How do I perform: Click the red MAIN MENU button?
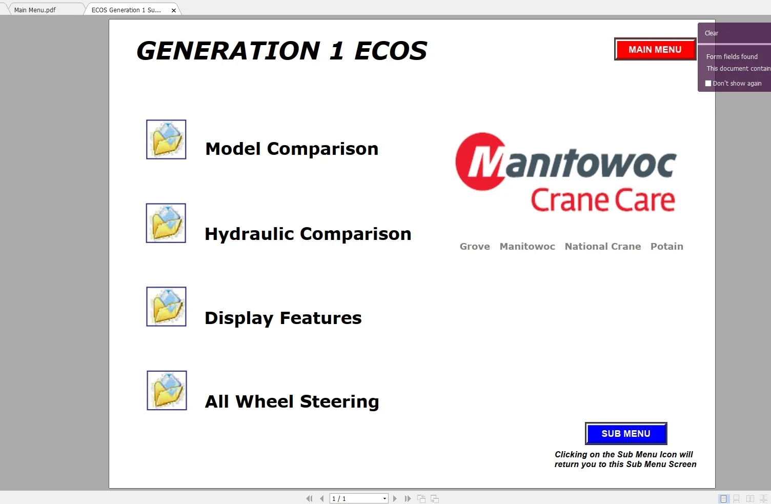coord(655,50)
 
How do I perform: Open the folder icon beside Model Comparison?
coord(166,139)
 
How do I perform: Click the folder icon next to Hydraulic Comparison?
coord(166,223)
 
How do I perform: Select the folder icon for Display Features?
coord(166,307)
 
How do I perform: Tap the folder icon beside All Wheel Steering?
coord(167,390)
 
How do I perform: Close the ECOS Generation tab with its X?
coord(174,10)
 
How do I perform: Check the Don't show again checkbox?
coord(708,83)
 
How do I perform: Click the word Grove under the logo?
coord(475,247)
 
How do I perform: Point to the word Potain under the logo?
coord(666,247)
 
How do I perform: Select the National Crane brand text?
coord(602,247)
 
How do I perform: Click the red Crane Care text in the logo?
coord(602,200)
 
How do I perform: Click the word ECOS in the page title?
coord(391,51)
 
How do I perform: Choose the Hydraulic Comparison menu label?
coord(308,234)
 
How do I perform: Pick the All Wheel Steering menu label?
coord(292,401)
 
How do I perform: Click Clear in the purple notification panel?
coord(711,33)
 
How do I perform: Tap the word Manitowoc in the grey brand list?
coord(527,247)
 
